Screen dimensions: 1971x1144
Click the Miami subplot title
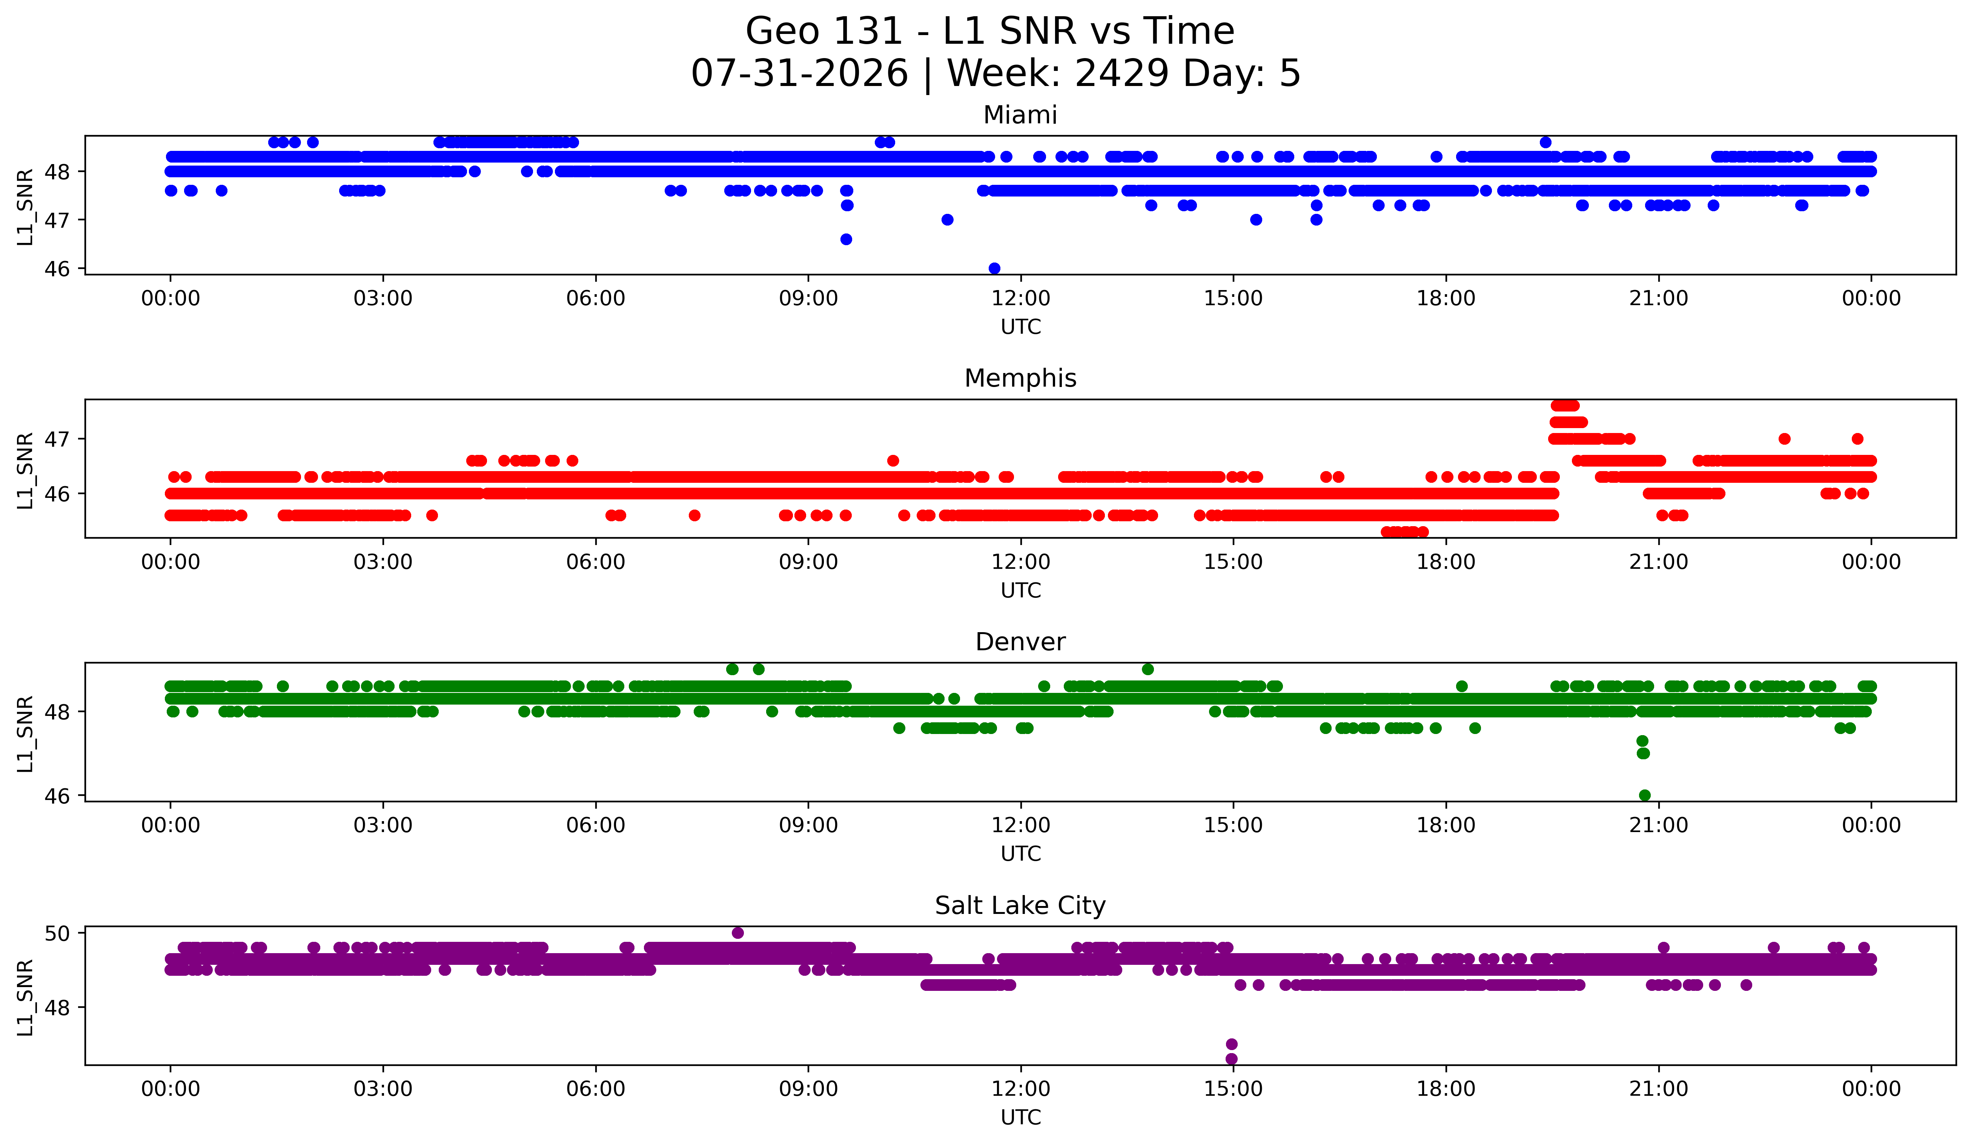[x=1020, y=115]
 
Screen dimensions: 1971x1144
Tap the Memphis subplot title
[x=1020, y=378]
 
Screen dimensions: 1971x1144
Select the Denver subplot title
[x=1020, y=642]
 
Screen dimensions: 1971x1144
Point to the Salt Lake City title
[x=1020, y=906]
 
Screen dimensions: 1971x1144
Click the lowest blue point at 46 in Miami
[x=994, y=268]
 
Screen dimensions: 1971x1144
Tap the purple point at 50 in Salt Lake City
[x=737, y=933]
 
